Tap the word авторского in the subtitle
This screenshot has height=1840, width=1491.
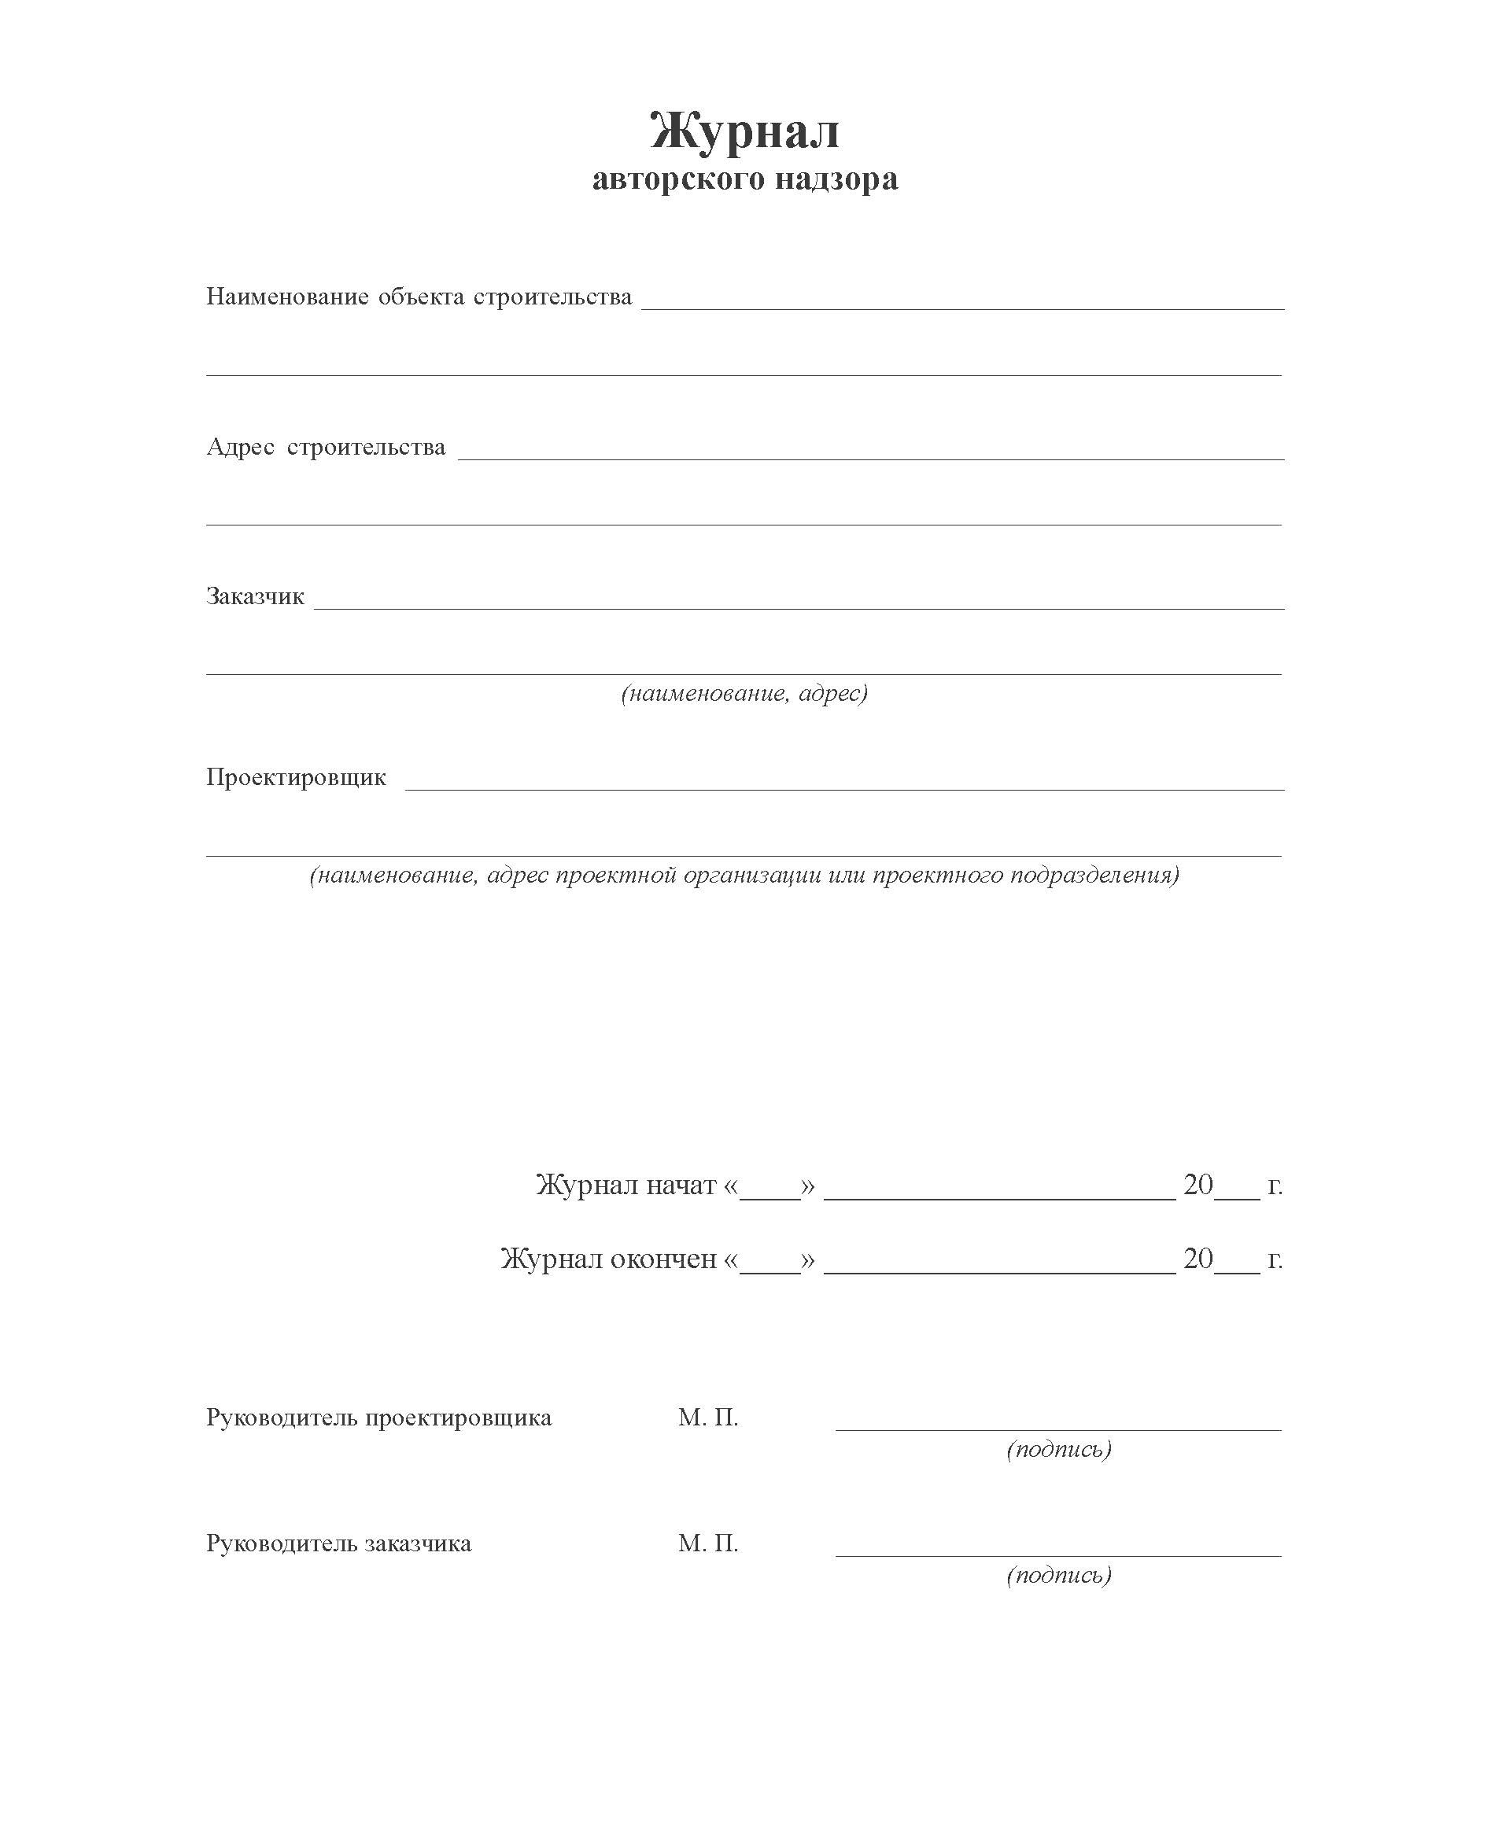[x=678, y=179]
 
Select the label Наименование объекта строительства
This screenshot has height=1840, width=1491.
[x=419, y=297]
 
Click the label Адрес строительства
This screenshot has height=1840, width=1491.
[x=326, y=448]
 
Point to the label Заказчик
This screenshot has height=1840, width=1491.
[x=255, y=597]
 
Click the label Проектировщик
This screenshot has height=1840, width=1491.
[x=297, y=778]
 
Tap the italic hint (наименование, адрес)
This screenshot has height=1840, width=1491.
[x=744, y=693]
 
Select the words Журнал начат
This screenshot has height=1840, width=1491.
[x=626, y=1185]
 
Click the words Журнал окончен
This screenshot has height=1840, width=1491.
[x=608, y=1259]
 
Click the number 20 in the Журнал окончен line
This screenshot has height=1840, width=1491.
[x=1198, y=1259]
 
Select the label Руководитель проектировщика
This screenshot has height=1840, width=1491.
[x=378, y=1418]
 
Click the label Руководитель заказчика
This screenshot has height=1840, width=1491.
[x=338, y=1543]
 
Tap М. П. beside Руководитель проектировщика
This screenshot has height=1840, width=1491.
[x=707, y=1418]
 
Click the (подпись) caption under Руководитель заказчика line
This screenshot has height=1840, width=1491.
[x=1059, y=1575]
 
